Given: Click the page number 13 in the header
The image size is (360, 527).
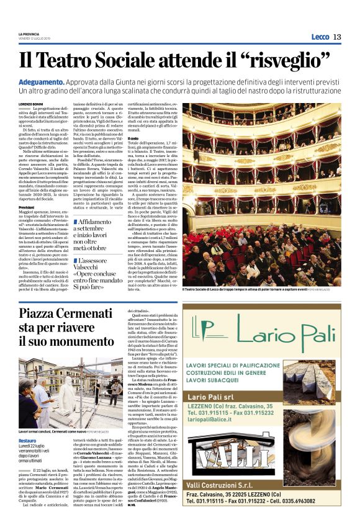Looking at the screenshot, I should [337, 37].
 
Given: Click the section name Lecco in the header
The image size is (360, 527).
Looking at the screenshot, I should [320, 37].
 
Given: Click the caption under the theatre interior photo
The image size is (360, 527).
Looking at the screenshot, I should [260, 289].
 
